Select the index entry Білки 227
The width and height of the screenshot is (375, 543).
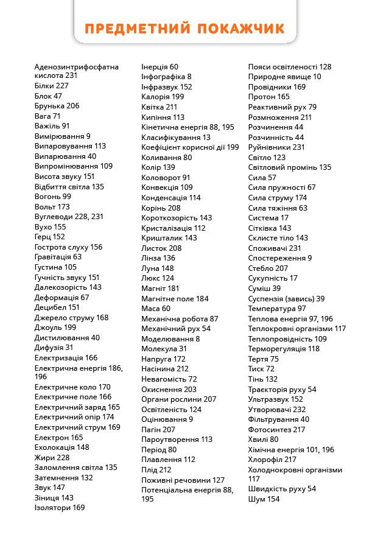click(51, 86)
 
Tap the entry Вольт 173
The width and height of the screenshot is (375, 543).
click(52, 207)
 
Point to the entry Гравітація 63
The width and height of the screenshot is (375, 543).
click(58, 257)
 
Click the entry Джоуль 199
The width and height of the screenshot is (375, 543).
click(55, 328)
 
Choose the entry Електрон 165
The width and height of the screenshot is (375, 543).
click(58, 437)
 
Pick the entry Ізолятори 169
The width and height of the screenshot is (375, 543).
click(60, 508)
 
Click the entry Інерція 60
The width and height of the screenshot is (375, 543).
click(159, 66)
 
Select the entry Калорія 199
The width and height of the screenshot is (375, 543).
click(163, 97)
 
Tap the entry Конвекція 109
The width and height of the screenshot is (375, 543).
click(167, 187)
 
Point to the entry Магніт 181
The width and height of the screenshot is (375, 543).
click(160, 288)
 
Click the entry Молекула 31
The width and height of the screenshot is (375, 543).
click(164, 349)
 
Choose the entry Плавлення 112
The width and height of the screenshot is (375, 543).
click(168, 460)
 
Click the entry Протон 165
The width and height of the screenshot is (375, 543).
click(268, 97)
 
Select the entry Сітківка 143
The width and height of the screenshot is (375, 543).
click(270, 228)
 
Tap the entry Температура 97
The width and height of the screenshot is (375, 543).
click(277, 308)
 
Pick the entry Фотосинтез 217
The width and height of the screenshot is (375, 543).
click(276, 429)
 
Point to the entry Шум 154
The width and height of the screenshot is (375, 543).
click(264, 499)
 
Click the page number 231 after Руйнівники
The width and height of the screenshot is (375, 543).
click(298, 147)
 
